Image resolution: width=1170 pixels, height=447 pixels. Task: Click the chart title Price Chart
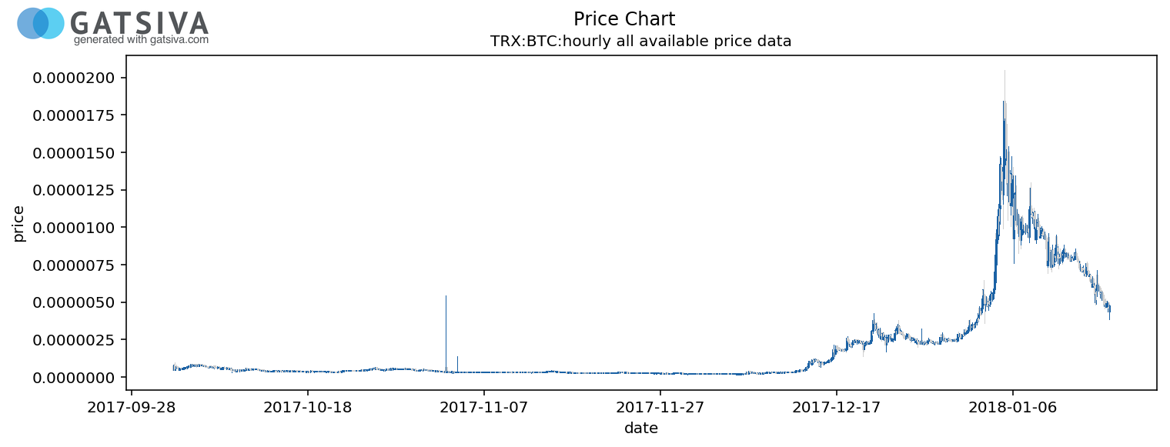tap(624, 19)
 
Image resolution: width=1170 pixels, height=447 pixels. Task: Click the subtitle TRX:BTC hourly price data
tap(640, 42)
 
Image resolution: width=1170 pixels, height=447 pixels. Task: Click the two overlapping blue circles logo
tap(41, 24)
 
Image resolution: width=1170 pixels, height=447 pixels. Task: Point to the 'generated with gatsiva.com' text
tap(141, 40)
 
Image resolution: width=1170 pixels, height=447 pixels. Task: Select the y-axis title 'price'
tap(19, 224)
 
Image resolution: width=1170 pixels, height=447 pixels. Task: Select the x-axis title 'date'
tap(640, 429)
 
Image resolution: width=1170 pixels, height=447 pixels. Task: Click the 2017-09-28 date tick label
tap(132, 406)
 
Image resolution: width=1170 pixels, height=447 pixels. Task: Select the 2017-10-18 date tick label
tap(308, 406)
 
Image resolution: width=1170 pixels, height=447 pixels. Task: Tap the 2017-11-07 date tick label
tap(484, 406)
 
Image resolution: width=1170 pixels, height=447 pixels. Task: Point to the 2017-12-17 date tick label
tap(837, 406)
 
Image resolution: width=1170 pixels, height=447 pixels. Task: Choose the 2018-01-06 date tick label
tap(1013, 406)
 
